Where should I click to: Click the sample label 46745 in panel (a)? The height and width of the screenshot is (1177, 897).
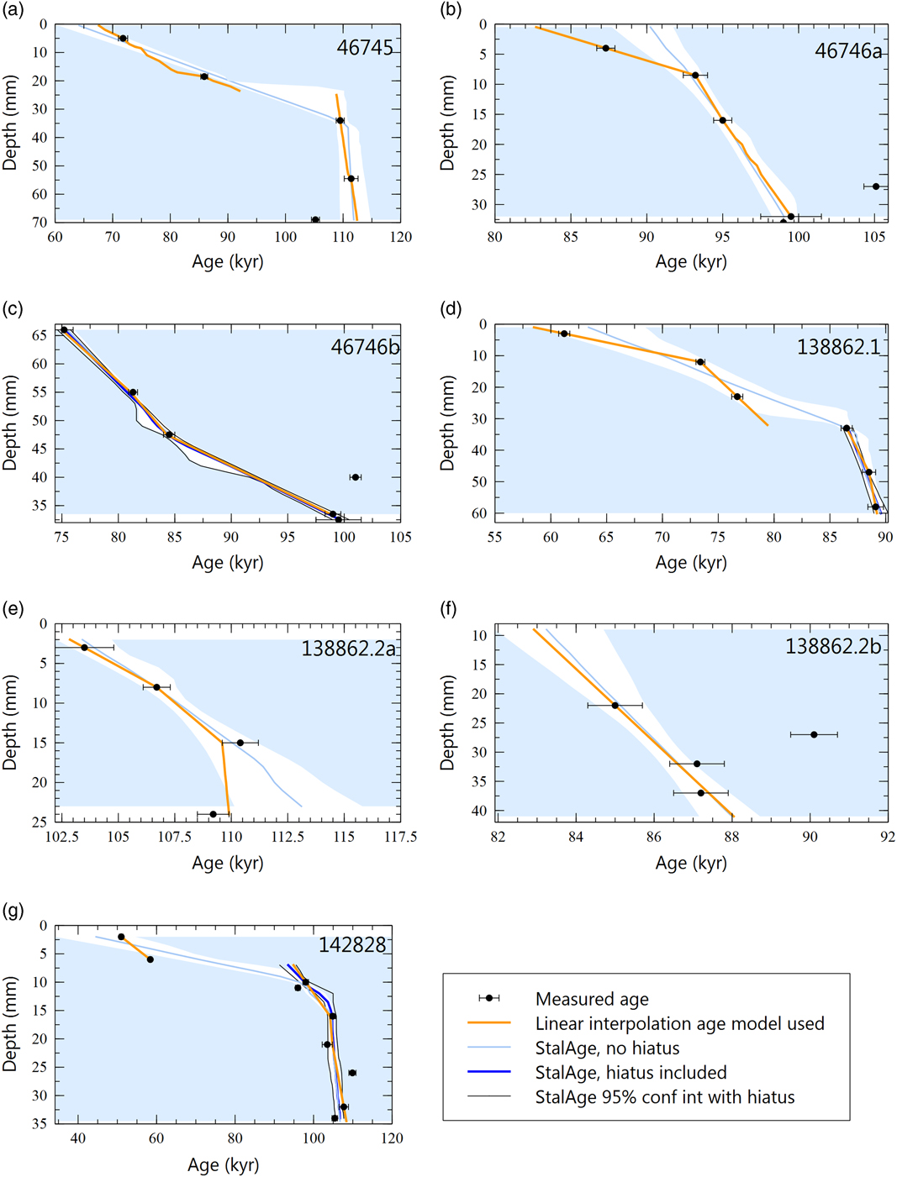click(365, 48)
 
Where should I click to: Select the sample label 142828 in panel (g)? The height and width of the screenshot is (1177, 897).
click(352, 945)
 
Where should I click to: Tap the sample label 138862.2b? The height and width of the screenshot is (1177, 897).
click(833, 646)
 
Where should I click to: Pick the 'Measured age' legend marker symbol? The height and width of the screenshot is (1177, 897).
click(488, 998)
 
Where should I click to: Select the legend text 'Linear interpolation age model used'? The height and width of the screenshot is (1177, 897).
click(679, 1023)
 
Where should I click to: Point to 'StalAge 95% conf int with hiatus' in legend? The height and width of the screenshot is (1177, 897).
click(664, 1097)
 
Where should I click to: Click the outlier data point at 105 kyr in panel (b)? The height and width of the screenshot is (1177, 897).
click(875, 187)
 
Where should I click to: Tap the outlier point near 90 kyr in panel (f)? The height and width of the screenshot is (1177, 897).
click(814, 734)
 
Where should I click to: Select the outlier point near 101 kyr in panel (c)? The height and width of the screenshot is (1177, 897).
click(356, 477)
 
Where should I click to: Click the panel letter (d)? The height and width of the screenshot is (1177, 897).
click(451, 309)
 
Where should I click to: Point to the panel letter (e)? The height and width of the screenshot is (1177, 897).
click(13, 609)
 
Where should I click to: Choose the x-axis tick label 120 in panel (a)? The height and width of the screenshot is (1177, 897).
click(401, 237)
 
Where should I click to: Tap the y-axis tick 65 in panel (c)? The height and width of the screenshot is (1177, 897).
click(39, 335)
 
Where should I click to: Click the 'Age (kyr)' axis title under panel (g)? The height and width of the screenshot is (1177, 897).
click(223, 1164)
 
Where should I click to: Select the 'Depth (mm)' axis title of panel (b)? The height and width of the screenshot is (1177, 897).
click(446, 123)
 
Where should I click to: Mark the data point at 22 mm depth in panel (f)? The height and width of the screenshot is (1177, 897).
click(615, 706)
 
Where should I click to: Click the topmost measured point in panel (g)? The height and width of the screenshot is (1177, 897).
click(121, 937)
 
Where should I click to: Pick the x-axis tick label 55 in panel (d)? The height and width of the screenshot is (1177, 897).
click(494, 538)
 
